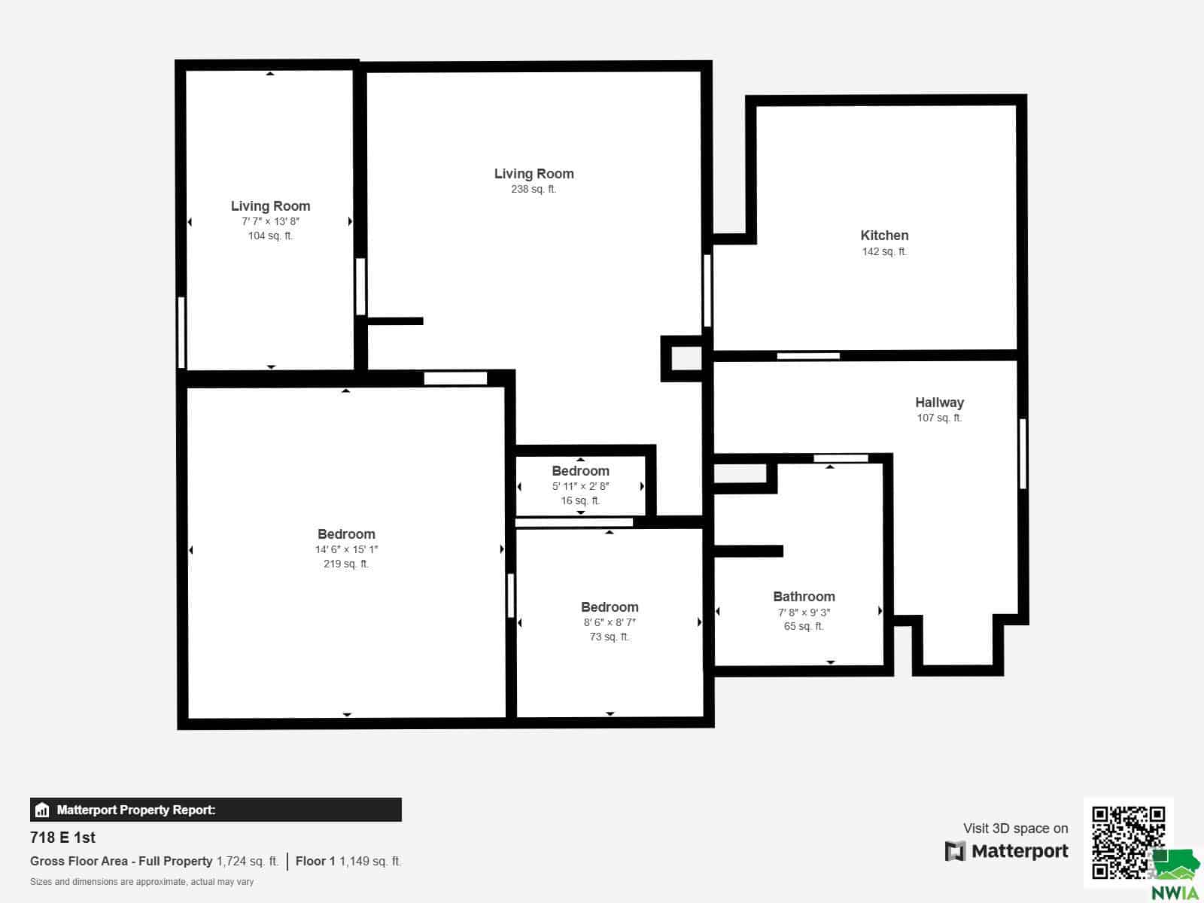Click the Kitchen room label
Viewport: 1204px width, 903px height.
(x=884, y=236)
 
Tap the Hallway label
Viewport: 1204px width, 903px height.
(x=939, y=403)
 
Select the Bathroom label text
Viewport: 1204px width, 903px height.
(x=804, y=597)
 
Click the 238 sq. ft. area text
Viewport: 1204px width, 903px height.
(x=534, y=189)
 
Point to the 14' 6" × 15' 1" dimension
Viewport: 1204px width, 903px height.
(x=346, y=549)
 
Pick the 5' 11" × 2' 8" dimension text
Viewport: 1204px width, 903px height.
(x=580, y=486)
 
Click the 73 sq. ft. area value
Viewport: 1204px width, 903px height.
(x=610, y=637)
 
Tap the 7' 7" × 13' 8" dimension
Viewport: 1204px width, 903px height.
(x=270, y=221)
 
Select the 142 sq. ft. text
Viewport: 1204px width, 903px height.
(x=884, y=251)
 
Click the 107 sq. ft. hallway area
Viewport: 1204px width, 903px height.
(x=939, y=418)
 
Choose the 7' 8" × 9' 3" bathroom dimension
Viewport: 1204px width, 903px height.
(x=804, y=613)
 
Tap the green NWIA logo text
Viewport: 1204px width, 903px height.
(x=1175, y=892)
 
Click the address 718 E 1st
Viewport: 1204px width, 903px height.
(x=62, y=838)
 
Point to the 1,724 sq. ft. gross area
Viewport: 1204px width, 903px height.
(x=248, y=862)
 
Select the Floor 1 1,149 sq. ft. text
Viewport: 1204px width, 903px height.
(x=348, y=862)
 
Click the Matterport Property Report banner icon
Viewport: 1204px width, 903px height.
(x=42, y=810)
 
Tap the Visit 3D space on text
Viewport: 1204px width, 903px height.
(x=1015, y=829)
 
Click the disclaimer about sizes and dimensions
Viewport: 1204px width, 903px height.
(x=141, y=882)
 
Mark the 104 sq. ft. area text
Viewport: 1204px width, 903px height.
(x=270, y=236)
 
